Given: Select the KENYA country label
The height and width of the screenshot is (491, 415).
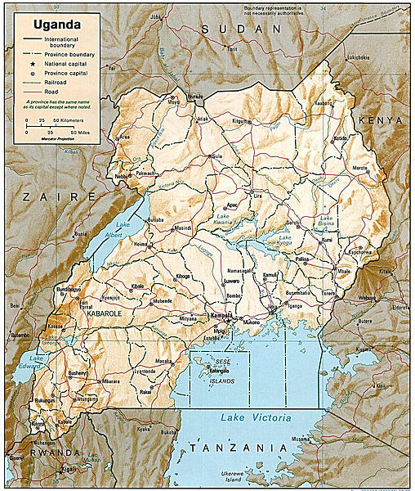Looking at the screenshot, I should pyautogui.click(x=381, y=120).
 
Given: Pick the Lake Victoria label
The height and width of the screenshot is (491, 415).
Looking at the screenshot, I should pyautogui.click(x=255, y=418).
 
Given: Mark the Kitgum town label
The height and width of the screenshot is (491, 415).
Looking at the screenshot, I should pyautogui.click(x=239, y=121).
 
